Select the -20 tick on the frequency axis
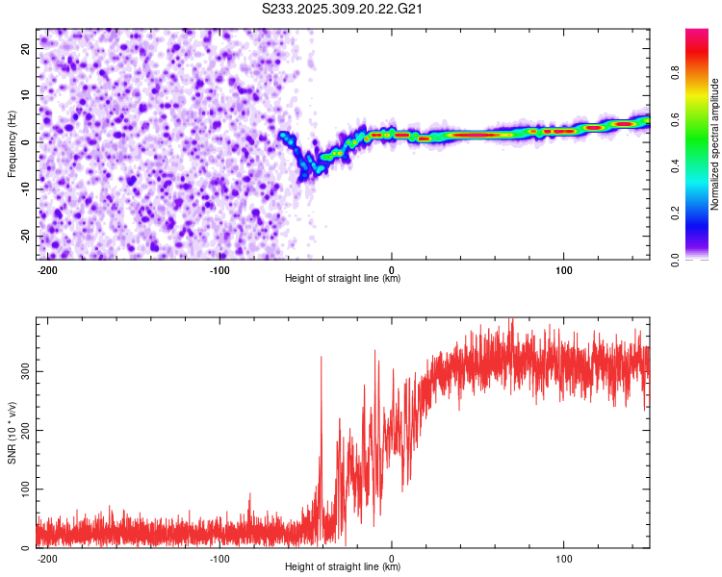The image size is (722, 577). tap(25, 237)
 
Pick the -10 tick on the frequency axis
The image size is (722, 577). tap(25, 189)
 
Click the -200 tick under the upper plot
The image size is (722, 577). tap(46, 269)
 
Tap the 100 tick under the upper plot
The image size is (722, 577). tap(563, 269)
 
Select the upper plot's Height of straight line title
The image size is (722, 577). tap(343, 279)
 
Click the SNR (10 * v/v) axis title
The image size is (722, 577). tap(12, 433)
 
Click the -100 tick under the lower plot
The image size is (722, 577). tap(219, 558)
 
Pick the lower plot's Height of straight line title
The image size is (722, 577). tap(343, 567)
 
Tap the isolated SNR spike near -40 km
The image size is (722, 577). tap(322, 358)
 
